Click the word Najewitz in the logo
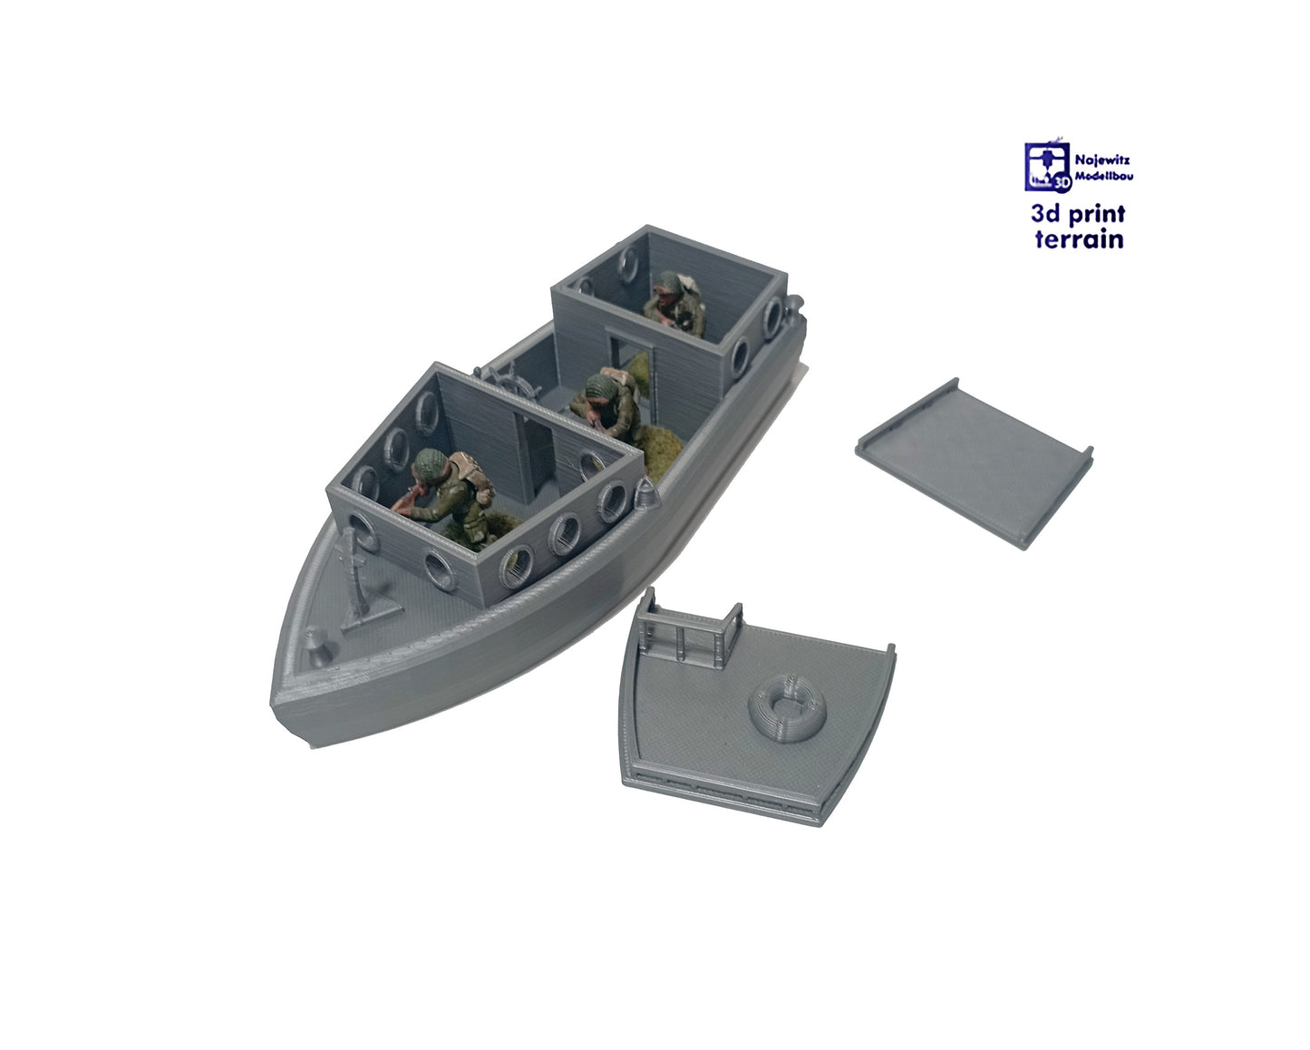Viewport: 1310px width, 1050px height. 1102,160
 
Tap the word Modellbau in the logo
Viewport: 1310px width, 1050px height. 1103,177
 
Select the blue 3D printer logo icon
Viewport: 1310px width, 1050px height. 1047,166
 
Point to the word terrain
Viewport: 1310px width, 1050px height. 1079,239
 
